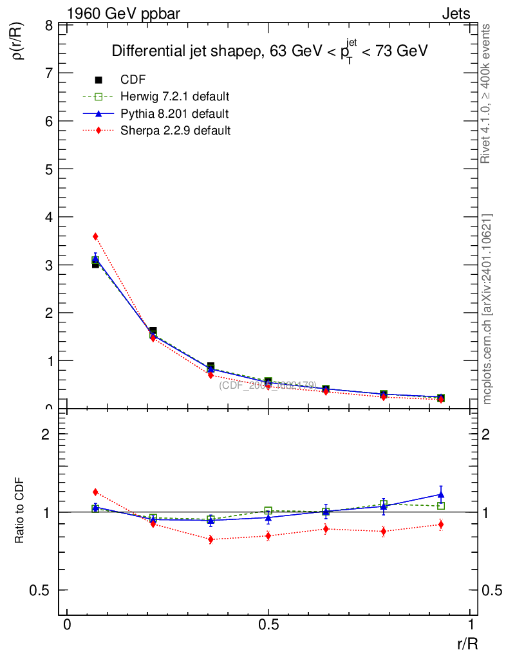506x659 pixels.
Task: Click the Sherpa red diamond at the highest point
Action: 95,236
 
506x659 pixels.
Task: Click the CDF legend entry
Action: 133,80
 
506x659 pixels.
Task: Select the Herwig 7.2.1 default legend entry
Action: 174,97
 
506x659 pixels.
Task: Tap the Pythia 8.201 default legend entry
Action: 174,113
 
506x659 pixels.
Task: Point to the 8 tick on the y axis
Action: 48,26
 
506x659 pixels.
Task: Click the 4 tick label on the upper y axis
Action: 48,217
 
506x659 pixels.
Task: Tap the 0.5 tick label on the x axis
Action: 268,625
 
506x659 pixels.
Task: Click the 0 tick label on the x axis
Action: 67,625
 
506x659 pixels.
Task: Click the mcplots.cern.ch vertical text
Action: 487,309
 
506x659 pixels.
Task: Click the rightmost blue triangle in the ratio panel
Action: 441,494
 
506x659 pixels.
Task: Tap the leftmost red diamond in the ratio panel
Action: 95,492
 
